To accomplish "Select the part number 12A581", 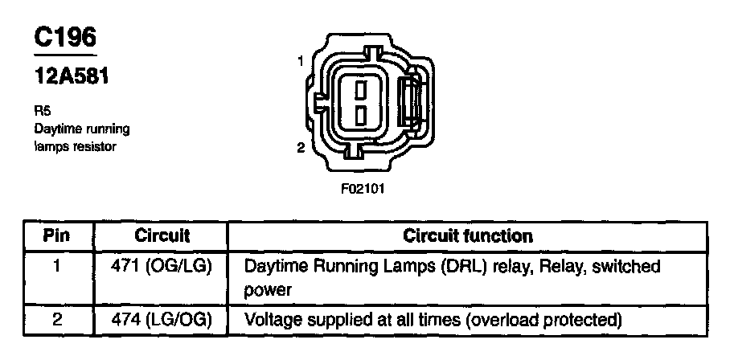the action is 71,77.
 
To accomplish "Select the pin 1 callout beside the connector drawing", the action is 300,61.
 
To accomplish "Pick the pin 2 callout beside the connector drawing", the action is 300,147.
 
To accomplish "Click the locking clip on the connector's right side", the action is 412,102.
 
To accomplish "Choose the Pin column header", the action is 57,236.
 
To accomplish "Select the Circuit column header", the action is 162,236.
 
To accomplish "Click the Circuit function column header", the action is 467,236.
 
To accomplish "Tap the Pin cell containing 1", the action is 57,265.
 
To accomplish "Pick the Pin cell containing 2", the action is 57,320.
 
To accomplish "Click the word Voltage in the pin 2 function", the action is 269,320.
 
